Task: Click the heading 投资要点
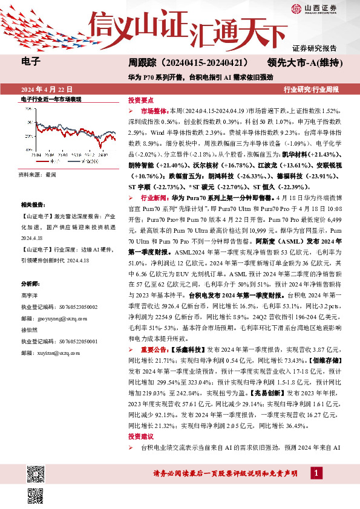pos(140,100)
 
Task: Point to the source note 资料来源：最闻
pos(38,173)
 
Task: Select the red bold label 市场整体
pos(154,112)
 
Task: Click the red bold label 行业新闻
pos(154,197)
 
